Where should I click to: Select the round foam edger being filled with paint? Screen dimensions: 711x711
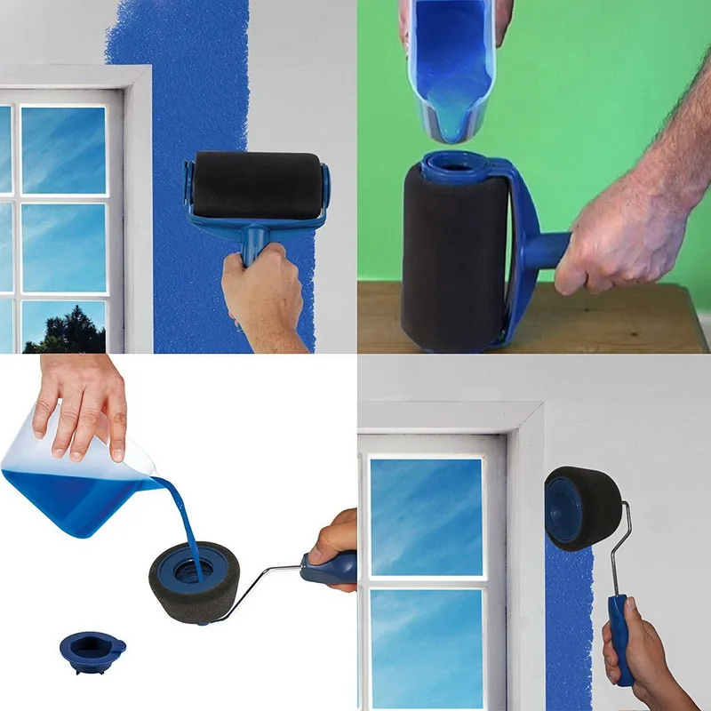tap(192, 578)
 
